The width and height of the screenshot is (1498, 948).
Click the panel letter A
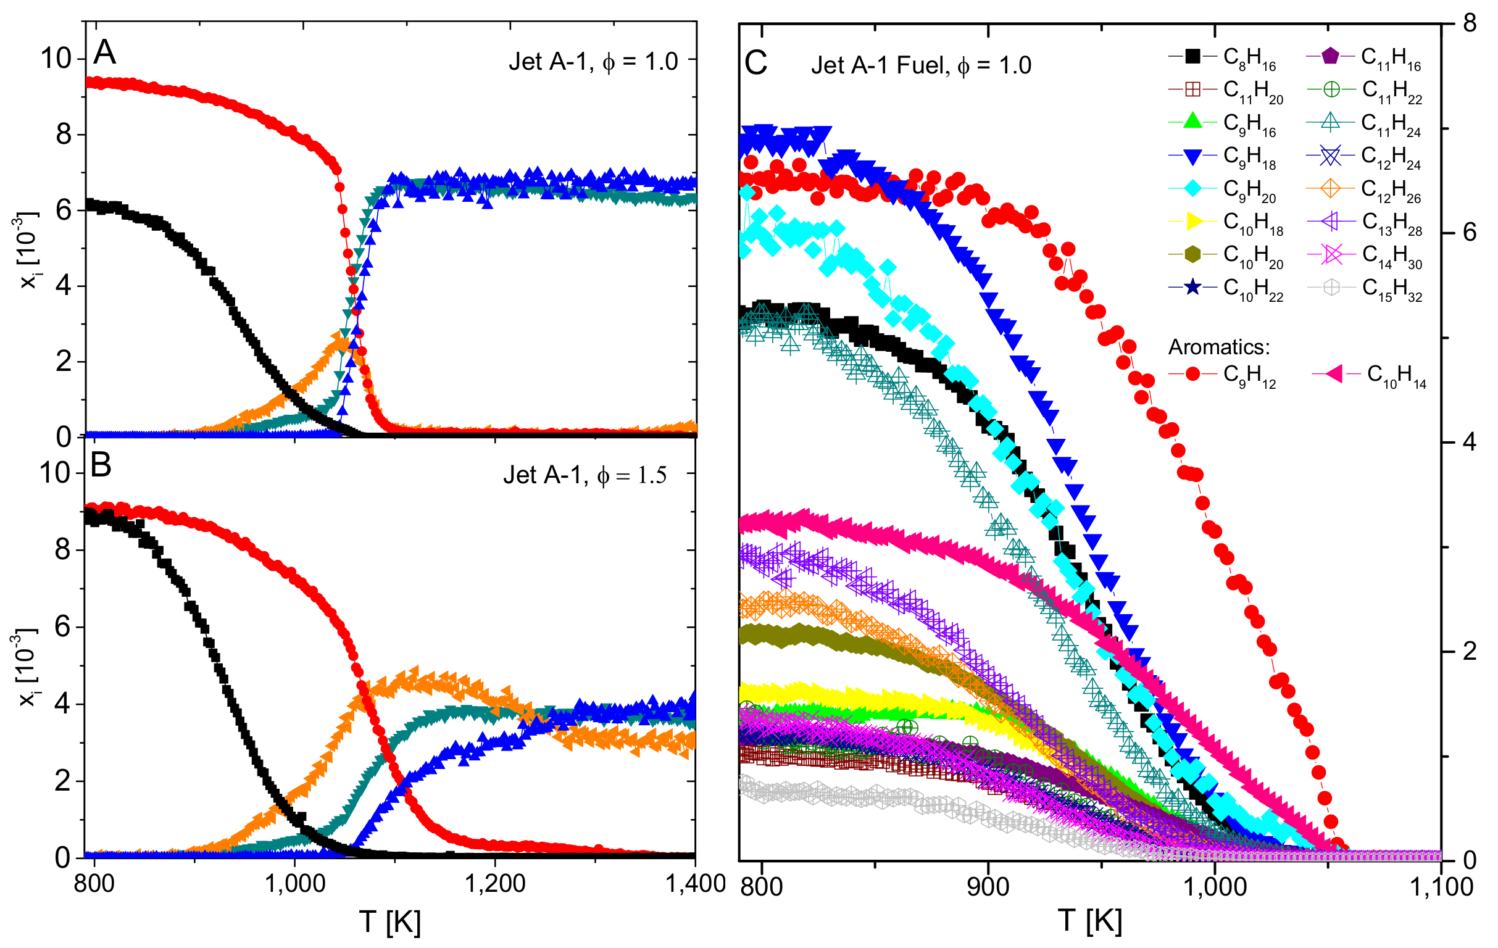point(104,52)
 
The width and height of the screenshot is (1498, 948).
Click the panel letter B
point(101,465)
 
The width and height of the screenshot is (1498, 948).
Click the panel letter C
point(756,63)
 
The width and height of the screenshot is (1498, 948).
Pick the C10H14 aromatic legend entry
point(1368,375)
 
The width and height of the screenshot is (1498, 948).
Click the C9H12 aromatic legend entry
point(1223,375)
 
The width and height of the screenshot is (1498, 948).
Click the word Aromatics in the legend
point(1218,346)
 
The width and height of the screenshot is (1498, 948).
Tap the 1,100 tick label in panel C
point(1440,886)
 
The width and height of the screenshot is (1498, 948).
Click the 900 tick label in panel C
point(988,886)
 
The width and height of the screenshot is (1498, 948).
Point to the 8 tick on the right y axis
point(1470,23)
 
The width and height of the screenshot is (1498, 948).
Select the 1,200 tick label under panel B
point(495,883)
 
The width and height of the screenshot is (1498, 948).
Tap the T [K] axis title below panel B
point(390,921)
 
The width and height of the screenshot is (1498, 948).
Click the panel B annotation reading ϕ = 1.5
point(631,475)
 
